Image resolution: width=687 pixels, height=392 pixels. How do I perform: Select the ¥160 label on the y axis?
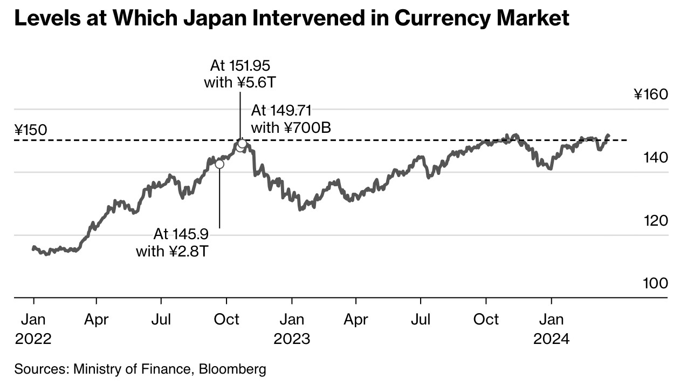tap(651, 95)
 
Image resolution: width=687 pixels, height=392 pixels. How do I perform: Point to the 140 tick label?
tap(656, 158)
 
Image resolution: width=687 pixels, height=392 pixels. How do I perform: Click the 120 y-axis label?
tap(656, 220)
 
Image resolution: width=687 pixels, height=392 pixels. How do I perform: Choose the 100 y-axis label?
tap(656, 283)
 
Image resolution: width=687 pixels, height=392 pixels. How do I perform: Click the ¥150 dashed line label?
tap(31, 130)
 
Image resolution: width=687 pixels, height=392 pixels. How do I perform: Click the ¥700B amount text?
tap(307, 127)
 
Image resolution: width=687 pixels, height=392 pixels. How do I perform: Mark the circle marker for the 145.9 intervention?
tap(219, 164)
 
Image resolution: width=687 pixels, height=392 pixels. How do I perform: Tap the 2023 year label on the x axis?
tap(292, 339)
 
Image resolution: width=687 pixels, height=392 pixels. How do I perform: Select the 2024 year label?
tap(551, 339)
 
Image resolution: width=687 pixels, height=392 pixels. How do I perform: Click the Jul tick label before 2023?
tap(161, 320)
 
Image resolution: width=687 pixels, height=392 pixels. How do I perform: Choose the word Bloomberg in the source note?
tap(232, 369)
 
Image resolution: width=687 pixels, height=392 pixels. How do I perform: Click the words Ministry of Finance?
tap(132, 369)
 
